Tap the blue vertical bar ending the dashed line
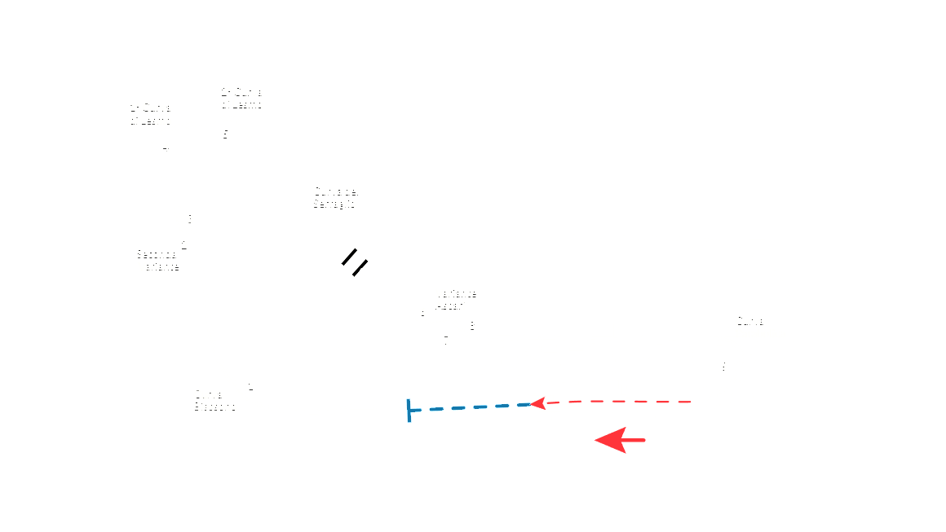408,411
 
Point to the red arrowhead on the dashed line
537,402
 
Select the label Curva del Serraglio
336,197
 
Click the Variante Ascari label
456,299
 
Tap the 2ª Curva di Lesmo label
241,98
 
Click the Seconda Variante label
157,259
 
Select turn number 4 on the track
166,147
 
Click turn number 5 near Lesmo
226,134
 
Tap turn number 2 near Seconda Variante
184,244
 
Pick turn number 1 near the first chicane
251,385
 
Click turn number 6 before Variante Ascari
422,311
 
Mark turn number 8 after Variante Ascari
472,325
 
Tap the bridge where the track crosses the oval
355,262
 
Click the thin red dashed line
620,402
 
